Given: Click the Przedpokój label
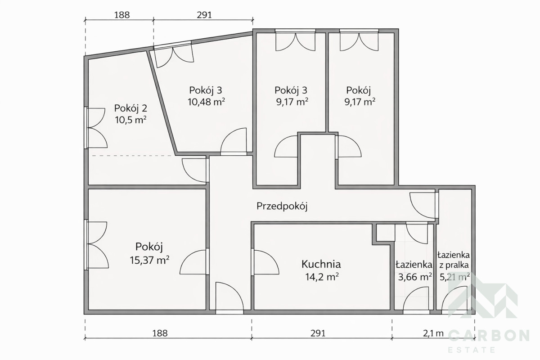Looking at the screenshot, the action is [282, 207].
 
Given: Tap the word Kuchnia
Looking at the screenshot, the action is [321, 264].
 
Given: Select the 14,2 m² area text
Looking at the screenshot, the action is [322, 277].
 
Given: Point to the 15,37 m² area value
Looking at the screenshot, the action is [149, 260].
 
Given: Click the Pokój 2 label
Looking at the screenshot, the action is [130, 108].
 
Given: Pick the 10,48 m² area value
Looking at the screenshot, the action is [207, 102].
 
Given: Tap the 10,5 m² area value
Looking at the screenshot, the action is [131, 120].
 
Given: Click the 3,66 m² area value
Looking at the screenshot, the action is [414, 277].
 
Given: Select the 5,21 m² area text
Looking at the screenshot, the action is [454, 277].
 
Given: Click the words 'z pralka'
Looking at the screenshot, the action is [454, 265].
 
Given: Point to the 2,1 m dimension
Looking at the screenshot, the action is [433, 333].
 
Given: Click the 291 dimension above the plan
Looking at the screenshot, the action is [204, 15].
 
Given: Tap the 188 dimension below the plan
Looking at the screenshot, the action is [160, 333].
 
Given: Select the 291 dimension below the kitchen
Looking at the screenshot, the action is [318, 333].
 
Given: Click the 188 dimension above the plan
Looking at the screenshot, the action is [122, 15].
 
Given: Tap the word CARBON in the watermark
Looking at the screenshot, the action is [489, 335].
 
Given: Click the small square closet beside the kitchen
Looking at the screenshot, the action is [385, 233].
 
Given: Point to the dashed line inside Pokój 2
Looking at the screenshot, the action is [133, 156].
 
